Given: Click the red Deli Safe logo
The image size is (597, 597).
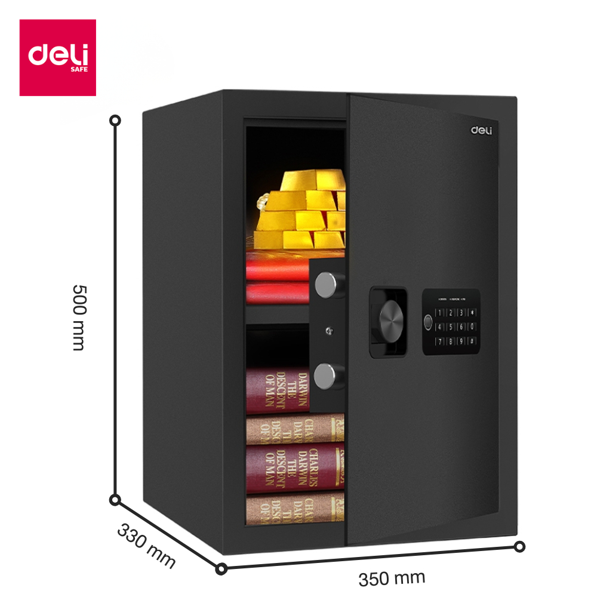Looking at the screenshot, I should (58, 57).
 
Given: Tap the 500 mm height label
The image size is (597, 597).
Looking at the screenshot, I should (78, 317).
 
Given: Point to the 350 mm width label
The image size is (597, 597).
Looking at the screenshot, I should (392, 578).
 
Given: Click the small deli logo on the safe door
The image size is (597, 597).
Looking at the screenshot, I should (481, 130).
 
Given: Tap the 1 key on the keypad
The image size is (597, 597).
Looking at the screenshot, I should (440, 312).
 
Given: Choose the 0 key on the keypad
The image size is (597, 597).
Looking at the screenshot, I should (472, 327).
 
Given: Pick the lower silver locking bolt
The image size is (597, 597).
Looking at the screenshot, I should (326, 376).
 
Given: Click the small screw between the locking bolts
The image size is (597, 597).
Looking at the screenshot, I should (328, 329).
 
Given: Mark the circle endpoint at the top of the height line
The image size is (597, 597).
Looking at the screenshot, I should (116, 121).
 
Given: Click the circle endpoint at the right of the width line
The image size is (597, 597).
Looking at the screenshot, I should (520, 546).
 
